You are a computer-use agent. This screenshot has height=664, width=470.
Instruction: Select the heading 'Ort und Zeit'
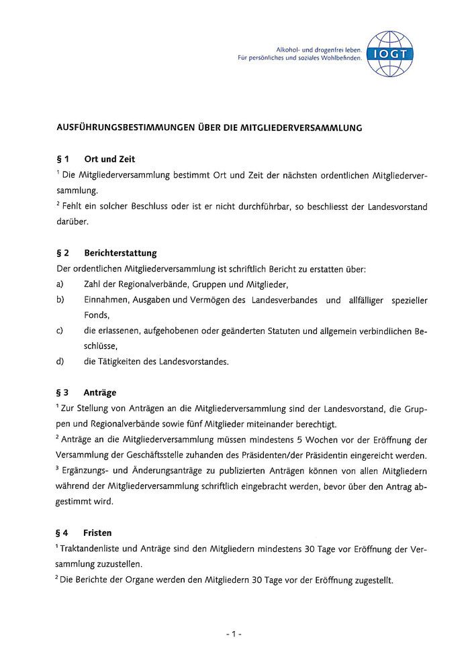(x=109, y=160)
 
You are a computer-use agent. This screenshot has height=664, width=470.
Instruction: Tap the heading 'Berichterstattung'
(x=120, y=253)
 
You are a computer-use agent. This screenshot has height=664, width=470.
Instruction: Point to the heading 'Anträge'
(x=100, y=392)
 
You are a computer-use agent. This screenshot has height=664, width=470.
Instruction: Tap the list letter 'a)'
(x=60, y=284)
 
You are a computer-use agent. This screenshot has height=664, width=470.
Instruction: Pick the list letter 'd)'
(x=60, y=362)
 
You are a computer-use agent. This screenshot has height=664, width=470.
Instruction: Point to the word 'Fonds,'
(x=97, y=315)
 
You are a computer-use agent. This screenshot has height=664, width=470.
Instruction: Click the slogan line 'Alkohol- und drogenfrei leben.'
(x=320, y=50)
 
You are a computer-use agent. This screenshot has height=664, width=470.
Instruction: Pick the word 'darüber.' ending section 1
(x=72, y=221)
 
